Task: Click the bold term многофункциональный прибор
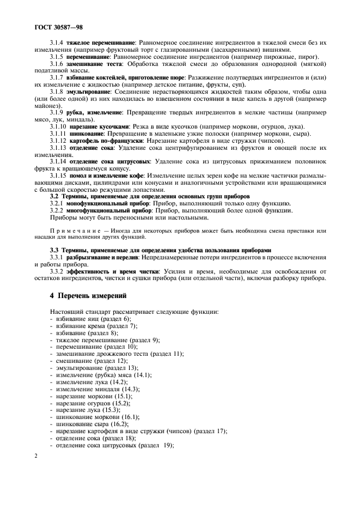coord(101,209)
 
